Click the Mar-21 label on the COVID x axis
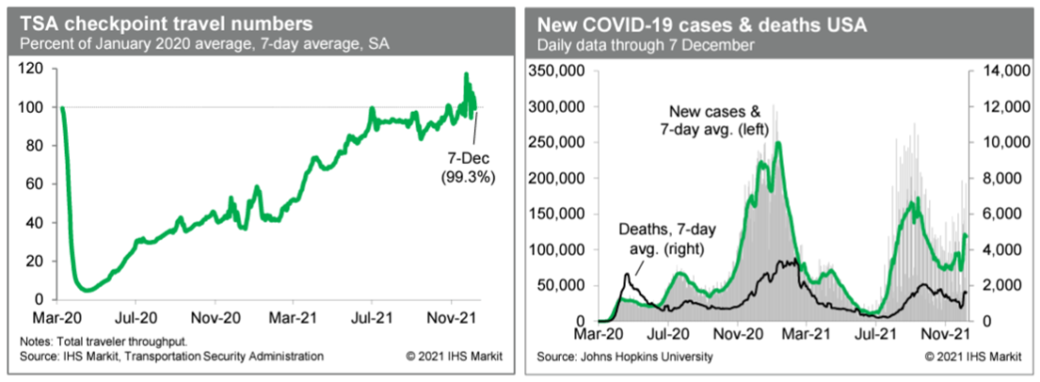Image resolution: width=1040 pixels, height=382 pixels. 806,332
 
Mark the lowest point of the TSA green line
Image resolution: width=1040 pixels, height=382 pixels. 86,289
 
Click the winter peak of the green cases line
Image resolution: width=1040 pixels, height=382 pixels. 778,142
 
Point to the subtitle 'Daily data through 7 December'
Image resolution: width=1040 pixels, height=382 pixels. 645,44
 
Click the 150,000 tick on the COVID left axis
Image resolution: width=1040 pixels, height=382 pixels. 561,214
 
